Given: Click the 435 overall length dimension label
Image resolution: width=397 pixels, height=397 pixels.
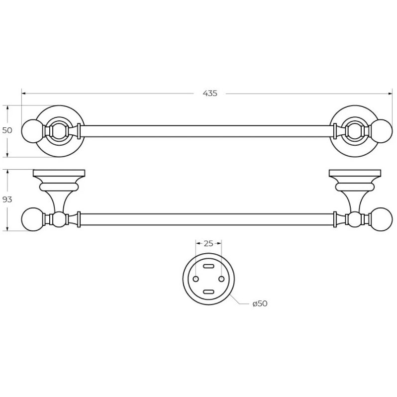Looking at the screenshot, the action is [210, 94].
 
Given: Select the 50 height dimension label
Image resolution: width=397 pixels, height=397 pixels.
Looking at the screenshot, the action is [7, 130].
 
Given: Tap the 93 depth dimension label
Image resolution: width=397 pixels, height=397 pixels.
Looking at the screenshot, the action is [7, 199].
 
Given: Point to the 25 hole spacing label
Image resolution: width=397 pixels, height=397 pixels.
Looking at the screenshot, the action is [208, 244].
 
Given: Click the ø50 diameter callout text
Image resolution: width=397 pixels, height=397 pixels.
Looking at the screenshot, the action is [260, 303].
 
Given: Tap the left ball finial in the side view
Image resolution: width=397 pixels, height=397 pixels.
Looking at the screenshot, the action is [32, 219].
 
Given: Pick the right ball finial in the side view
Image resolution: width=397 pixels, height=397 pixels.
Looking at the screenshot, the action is [382, 219].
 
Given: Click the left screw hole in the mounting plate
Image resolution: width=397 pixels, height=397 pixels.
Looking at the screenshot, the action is [196, 279].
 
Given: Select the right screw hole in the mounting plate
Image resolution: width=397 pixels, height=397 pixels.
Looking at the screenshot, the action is [221, 279].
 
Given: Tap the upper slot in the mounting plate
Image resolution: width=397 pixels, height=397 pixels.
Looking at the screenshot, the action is [208, 266].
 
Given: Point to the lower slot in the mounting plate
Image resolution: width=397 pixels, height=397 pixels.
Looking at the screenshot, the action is [208, 292].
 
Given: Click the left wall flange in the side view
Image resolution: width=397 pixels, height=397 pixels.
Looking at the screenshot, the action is [59, 173].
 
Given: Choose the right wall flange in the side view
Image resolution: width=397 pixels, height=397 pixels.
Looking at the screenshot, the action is [355, 173].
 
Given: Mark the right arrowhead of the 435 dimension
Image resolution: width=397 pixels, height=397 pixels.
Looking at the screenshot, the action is [391, 94].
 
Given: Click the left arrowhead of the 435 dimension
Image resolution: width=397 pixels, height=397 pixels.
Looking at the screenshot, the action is [24, 94].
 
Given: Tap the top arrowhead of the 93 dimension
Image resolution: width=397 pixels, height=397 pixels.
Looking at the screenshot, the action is [7, 172].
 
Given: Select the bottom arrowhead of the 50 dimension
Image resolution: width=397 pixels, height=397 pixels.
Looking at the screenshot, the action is [7, 154].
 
